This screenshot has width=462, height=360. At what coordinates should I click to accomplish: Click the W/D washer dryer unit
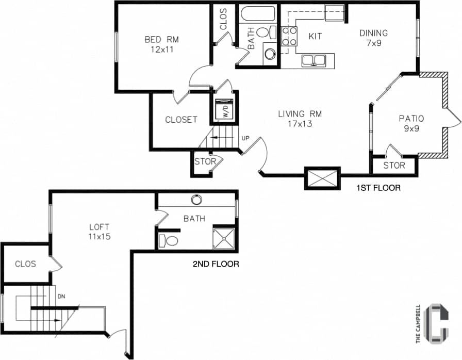(x=224, y=109)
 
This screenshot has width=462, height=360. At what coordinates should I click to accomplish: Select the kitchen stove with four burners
(x=289, y=37)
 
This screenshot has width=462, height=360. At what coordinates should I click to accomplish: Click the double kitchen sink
(x=313, y=60)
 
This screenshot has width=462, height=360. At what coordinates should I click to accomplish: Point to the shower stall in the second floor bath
(x=224, y=238)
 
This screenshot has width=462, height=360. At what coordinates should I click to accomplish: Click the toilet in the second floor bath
(x=169, y=240)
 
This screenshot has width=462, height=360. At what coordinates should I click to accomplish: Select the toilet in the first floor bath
(x=263, y=32)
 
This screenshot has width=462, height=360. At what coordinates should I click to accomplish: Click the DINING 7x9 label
(x=373, y=38)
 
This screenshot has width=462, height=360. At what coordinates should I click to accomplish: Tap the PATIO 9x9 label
(x=411, y=124)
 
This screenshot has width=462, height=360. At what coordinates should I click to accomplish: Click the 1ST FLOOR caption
(x=378, y=188)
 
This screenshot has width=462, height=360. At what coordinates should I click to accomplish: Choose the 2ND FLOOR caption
(x=216, y=264)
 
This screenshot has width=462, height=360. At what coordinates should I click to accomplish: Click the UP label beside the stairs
(x=245, y=138)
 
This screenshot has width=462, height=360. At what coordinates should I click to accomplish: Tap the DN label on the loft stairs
(x=61, y=297)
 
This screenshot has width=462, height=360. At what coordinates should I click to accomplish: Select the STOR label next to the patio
(x=394, y=166)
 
